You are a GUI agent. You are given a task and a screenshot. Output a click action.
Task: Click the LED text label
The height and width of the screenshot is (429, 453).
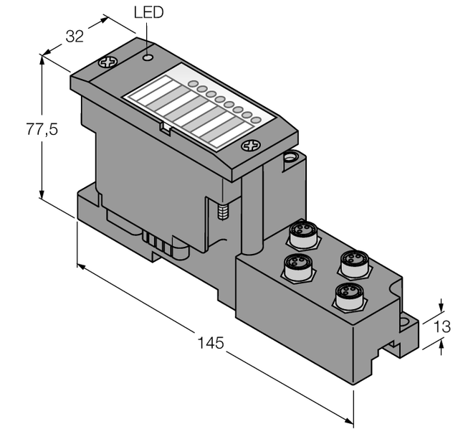(x=148, y=13)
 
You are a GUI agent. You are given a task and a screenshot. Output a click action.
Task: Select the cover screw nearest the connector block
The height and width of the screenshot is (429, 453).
(x=250, y=146)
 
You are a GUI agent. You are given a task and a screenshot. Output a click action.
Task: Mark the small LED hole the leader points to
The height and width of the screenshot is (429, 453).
(x=147, y=56)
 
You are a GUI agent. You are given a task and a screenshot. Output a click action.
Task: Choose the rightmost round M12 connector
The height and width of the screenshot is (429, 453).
(x=352, y=263)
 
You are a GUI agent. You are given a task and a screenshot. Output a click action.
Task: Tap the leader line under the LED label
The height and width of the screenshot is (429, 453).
(x=147, y=36)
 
